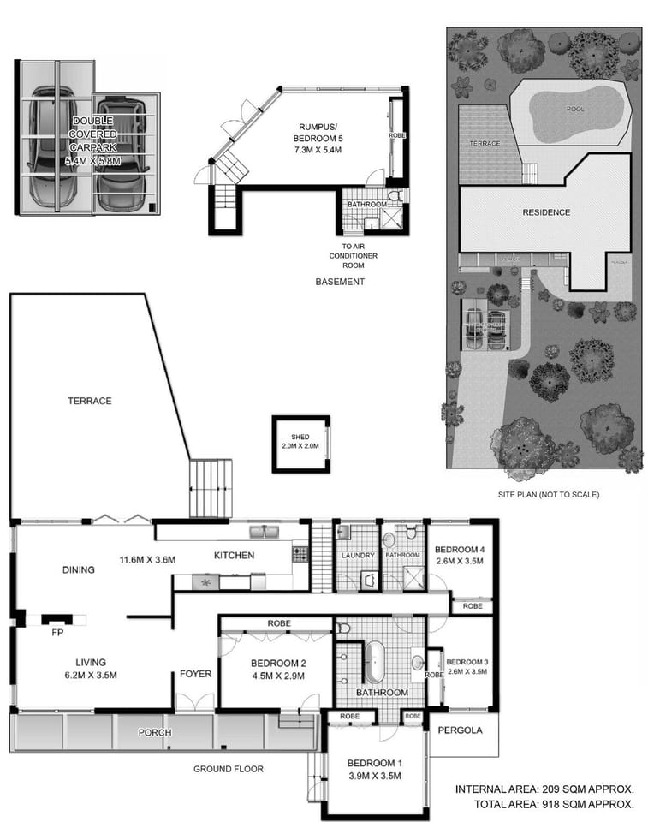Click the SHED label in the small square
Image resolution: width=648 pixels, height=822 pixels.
299,438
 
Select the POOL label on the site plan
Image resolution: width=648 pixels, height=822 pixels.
575,110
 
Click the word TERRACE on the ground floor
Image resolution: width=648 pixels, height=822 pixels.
91,401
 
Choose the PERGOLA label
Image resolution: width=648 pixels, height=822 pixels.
460,730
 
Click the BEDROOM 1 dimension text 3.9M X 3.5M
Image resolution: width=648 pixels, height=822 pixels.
374,777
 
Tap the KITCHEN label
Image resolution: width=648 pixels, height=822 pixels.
234,556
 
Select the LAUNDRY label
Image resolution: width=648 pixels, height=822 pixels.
358,556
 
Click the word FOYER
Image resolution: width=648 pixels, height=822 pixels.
195,674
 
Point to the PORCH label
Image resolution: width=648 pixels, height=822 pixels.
155,733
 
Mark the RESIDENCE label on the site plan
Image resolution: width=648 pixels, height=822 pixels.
545,212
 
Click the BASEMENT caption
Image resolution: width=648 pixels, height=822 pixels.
340,282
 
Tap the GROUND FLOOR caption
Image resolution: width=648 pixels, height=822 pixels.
229,769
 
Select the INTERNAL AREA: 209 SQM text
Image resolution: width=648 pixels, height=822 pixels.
544,789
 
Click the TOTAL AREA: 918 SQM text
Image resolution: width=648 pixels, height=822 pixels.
554,804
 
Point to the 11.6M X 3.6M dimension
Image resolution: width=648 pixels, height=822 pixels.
147,560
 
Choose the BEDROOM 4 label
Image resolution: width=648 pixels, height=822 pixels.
460,550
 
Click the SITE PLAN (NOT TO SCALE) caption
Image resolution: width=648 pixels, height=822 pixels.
548,495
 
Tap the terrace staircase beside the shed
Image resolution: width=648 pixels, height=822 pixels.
211,487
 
